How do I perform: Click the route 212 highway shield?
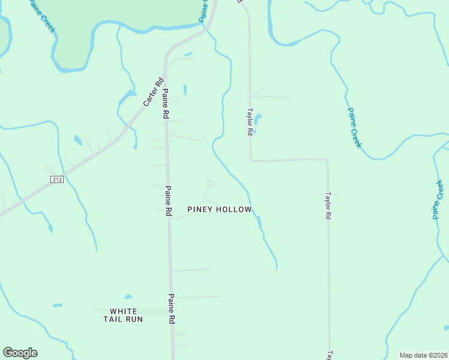(x=57, y=179)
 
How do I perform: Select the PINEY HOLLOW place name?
(x=218, y=209)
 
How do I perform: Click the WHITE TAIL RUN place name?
(x=124, y=315)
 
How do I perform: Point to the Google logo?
(x=20, y=353)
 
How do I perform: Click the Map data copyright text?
(x=423, y=355)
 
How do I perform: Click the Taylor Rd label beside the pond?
(x=249, y=122)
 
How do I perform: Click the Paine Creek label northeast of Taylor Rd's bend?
(x=355, y=128)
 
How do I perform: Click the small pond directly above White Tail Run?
(x=128, y=296)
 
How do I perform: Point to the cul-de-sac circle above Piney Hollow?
(x=209, y=183)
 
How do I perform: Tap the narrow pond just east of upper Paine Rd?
(x=185, y=90)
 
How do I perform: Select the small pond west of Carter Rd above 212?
(x=77, y=140)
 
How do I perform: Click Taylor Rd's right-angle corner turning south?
(x=327, y=160)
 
